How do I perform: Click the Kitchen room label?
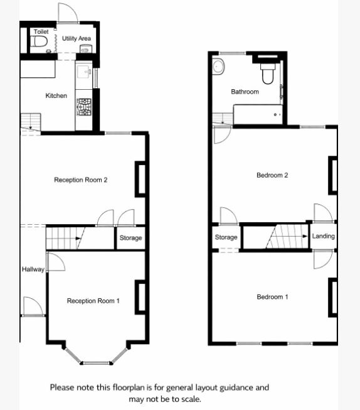tap(56, 96)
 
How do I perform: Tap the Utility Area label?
tap(77, 39)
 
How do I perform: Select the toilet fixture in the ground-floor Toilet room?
tap(41, 43)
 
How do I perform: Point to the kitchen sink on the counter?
tap(83, 72)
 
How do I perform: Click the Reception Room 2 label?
tap(81, 180)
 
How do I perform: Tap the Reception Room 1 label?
tap(93, 301)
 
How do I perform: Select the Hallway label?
tap(33, 270)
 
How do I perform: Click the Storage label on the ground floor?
tap(130, 238)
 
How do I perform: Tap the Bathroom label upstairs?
tap(245, 92)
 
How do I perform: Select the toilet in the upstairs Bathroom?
tap(267, 74)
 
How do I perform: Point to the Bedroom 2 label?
tap(272, 175)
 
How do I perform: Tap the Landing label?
tap(323, 237)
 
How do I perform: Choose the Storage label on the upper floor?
tap(226, 237)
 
